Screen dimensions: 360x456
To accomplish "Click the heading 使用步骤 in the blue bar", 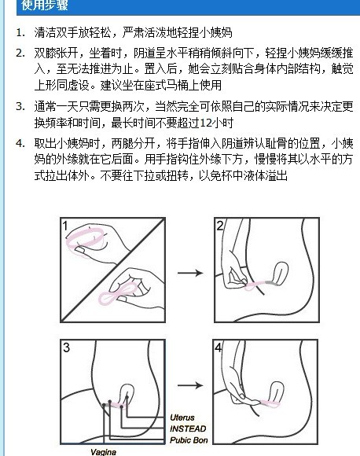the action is click(x=45, y=6).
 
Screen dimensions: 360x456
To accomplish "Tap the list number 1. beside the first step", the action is click(x=20, y=32).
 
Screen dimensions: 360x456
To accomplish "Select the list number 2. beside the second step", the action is click(x=20, y=53).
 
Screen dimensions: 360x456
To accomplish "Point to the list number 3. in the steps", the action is click(x=20, y=106).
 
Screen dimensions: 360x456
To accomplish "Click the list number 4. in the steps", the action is click(x=20, y=143).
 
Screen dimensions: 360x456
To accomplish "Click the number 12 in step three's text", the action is click(x=206, y=123).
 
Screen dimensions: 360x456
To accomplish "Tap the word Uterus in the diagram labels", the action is click(x=182, y=417).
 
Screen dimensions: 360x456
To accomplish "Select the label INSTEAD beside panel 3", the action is click(x=188, y=428).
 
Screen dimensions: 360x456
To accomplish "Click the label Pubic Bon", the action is click(x=189, y=440).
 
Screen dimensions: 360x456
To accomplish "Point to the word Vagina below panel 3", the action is click(x=104, y=451).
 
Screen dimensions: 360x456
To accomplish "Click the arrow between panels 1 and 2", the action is click(x=190, y=273).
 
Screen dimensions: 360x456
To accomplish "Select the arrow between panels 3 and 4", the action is click(x=190, y=385).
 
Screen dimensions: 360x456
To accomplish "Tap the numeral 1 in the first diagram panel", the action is click(x=65, y=226).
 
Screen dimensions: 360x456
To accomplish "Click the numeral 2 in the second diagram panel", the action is click(x=220, y=226).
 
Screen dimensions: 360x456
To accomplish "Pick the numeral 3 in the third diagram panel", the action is click(x=66, y=348).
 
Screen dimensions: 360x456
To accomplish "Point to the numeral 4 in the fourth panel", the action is click(x=218, y=348).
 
